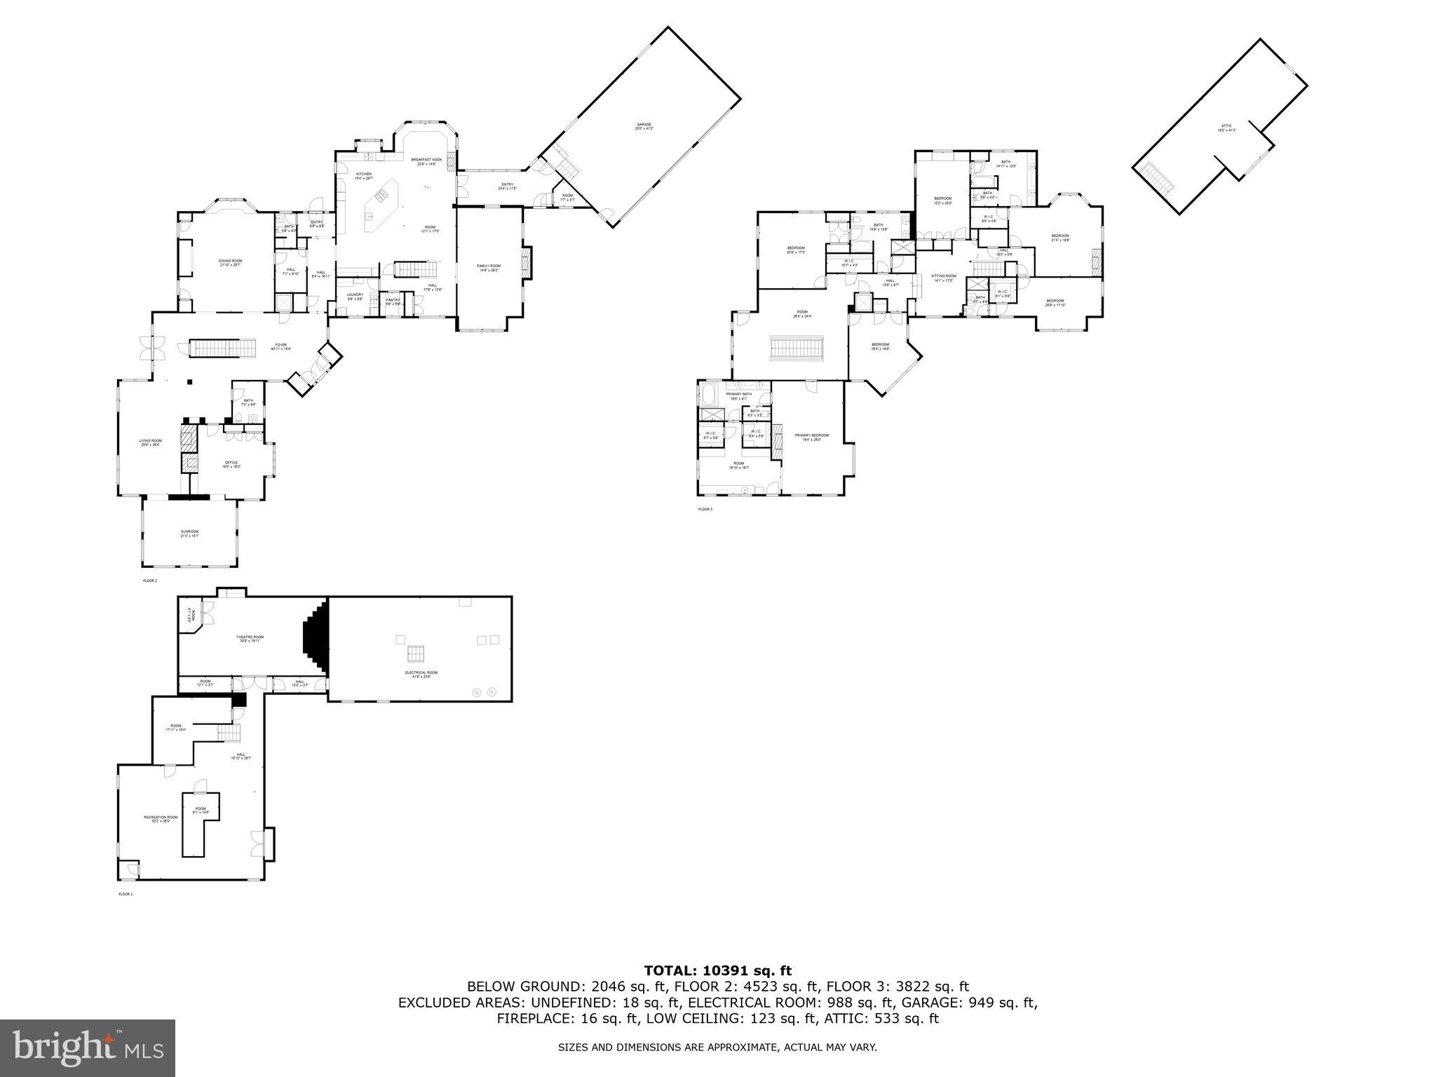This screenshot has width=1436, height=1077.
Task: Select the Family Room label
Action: (x=489, y=267)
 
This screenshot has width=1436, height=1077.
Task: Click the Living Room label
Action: (x=150, y=442)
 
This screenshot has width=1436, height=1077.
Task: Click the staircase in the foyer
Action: (x=216, y=348)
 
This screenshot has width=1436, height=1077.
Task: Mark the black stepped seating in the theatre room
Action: (x=316, y=637)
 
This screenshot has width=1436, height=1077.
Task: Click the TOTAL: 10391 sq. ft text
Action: (x=717, y=970)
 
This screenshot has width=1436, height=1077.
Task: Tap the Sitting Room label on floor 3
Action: (x=943, y=277)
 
